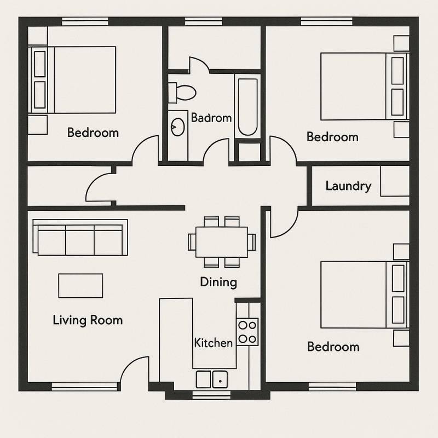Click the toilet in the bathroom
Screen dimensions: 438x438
(x=182, y=93)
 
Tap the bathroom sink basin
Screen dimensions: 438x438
(x=177, y=127)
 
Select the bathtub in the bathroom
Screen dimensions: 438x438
(x=248, y=107)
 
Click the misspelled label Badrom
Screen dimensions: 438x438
(x=211, y=118)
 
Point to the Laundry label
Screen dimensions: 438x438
(x=348, y=186)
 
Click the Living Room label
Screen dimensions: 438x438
(x=88, y=320)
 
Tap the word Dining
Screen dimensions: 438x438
(x=218, y=282)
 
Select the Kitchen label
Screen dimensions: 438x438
(x=214, y=343)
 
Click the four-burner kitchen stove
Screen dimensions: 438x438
(x=247, y=332)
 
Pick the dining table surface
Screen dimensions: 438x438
(x=222, y=242)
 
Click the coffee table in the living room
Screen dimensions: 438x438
(x=80, y=285)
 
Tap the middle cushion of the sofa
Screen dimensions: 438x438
(x=80, y=240)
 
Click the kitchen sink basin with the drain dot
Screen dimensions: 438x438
(x=220, y=379)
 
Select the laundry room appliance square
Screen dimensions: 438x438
(x=395, y=181)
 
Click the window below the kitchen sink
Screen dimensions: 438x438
(x=211, y=395)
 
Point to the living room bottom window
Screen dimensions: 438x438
(x=85, y=387)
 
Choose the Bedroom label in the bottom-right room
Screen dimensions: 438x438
(x=333, y=347)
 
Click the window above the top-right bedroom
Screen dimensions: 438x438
(x=326, y=21)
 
